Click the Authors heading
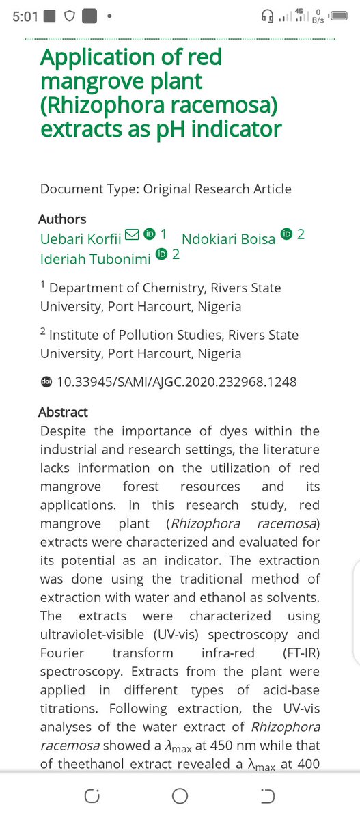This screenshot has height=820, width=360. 62,219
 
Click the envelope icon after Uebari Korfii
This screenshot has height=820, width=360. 133,235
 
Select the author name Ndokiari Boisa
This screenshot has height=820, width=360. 228,238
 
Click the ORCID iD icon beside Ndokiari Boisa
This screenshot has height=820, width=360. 287,235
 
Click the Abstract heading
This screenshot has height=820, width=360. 63,412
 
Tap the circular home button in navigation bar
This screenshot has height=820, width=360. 180,796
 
